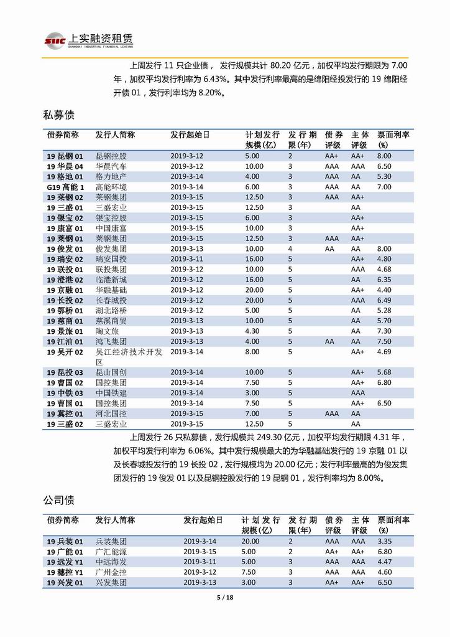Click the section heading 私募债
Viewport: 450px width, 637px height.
[x=58, y=115]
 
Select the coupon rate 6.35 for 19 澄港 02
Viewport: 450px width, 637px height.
[x=384, y=280]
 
